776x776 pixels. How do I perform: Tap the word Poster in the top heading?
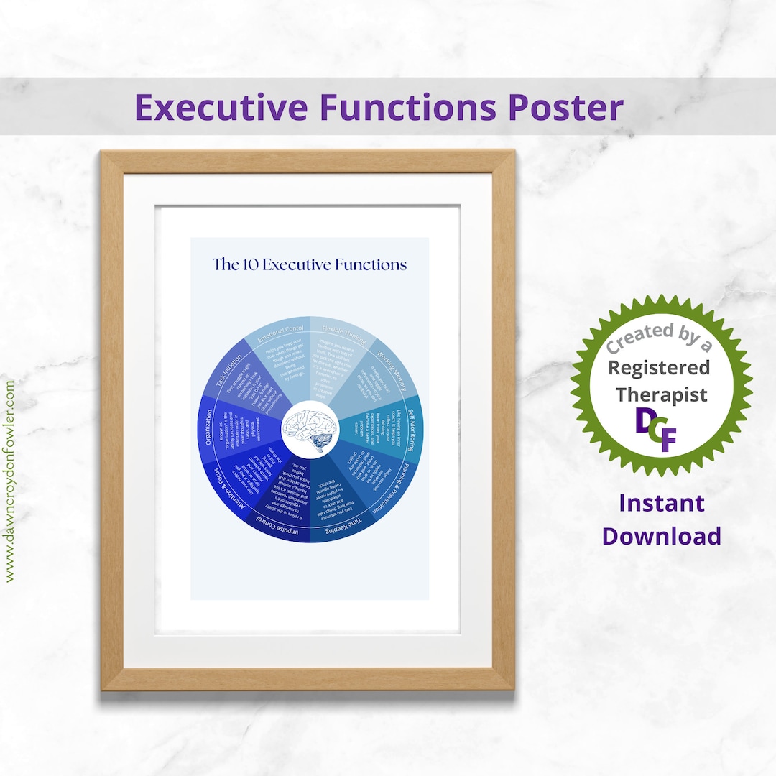click(565, 108)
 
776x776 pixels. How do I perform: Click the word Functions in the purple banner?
click(407, 108)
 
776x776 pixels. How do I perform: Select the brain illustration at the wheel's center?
click(310, 429)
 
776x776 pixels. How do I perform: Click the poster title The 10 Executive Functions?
click(310, 264)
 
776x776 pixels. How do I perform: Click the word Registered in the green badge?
click(659, 368)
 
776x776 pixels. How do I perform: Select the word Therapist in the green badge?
click(661, 394)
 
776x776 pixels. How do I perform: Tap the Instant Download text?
click(661, 519)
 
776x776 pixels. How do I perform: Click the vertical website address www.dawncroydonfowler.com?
click(10, 481)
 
